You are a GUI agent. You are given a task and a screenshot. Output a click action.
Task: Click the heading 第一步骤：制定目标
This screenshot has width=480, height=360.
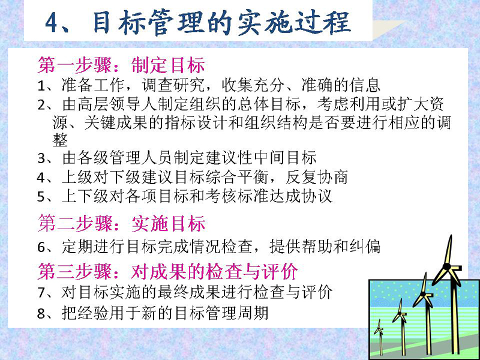tap(121, 65)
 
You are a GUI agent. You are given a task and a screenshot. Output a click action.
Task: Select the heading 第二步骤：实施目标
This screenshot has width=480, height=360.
tap(122, 223)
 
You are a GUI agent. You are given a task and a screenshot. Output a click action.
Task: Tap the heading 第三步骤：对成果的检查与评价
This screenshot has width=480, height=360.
tap(168, 271)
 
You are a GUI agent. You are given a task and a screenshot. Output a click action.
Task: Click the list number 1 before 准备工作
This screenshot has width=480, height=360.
tap(41, 86)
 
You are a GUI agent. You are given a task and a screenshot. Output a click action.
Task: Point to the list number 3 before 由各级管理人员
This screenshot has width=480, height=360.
tap(41, 158)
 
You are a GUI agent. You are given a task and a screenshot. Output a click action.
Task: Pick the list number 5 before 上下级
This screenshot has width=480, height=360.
tap(41, 197)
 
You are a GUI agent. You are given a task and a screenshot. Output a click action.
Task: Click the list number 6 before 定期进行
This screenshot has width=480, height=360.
tap(41, 247)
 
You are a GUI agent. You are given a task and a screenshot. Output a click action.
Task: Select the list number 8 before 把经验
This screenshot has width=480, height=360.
tap(41, 313)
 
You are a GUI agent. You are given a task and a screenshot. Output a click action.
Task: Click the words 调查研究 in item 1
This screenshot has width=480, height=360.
tap(173, 85)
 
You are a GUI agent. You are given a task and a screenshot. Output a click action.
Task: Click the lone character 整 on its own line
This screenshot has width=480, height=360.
tap(60, 140)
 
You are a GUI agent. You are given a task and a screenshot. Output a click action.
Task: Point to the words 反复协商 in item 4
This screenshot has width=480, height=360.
tap(317, 177)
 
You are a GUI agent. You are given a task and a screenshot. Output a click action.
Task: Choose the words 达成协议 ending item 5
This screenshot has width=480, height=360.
tap(301, 196)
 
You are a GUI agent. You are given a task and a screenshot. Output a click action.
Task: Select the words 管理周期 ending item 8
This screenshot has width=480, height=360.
tap(237, 313)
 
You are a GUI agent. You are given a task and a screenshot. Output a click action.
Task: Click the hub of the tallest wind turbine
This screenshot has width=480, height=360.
tap(446, 266)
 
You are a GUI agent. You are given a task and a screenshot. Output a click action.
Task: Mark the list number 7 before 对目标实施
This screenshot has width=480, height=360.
tap(41, 293)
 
